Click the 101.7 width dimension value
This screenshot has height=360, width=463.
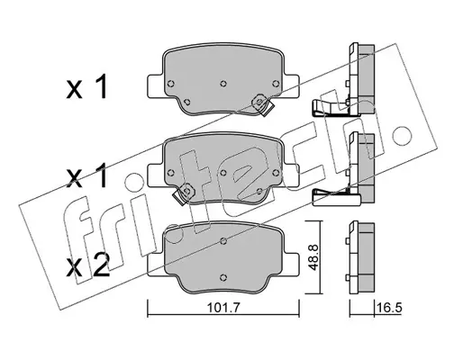tap(223, 309)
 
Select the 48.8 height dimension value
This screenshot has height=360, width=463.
tap(313, 257)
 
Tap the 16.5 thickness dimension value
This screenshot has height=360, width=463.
tap(390, 308)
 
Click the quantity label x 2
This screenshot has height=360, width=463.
tap(87, 265)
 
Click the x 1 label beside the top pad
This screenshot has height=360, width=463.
tap(86, 87)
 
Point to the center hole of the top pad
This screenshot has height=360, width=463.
tap(223, 84)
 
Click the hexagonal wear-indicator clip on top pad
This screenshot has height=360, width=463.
tap(260, 105)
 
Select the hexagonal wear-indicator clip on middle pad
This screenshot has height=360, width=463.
tap(184, 193)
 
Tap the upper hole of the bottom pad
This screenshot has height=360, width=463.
tap(223, 241)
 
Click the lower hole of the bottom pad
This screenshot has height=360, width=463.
tap(223, 277)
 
